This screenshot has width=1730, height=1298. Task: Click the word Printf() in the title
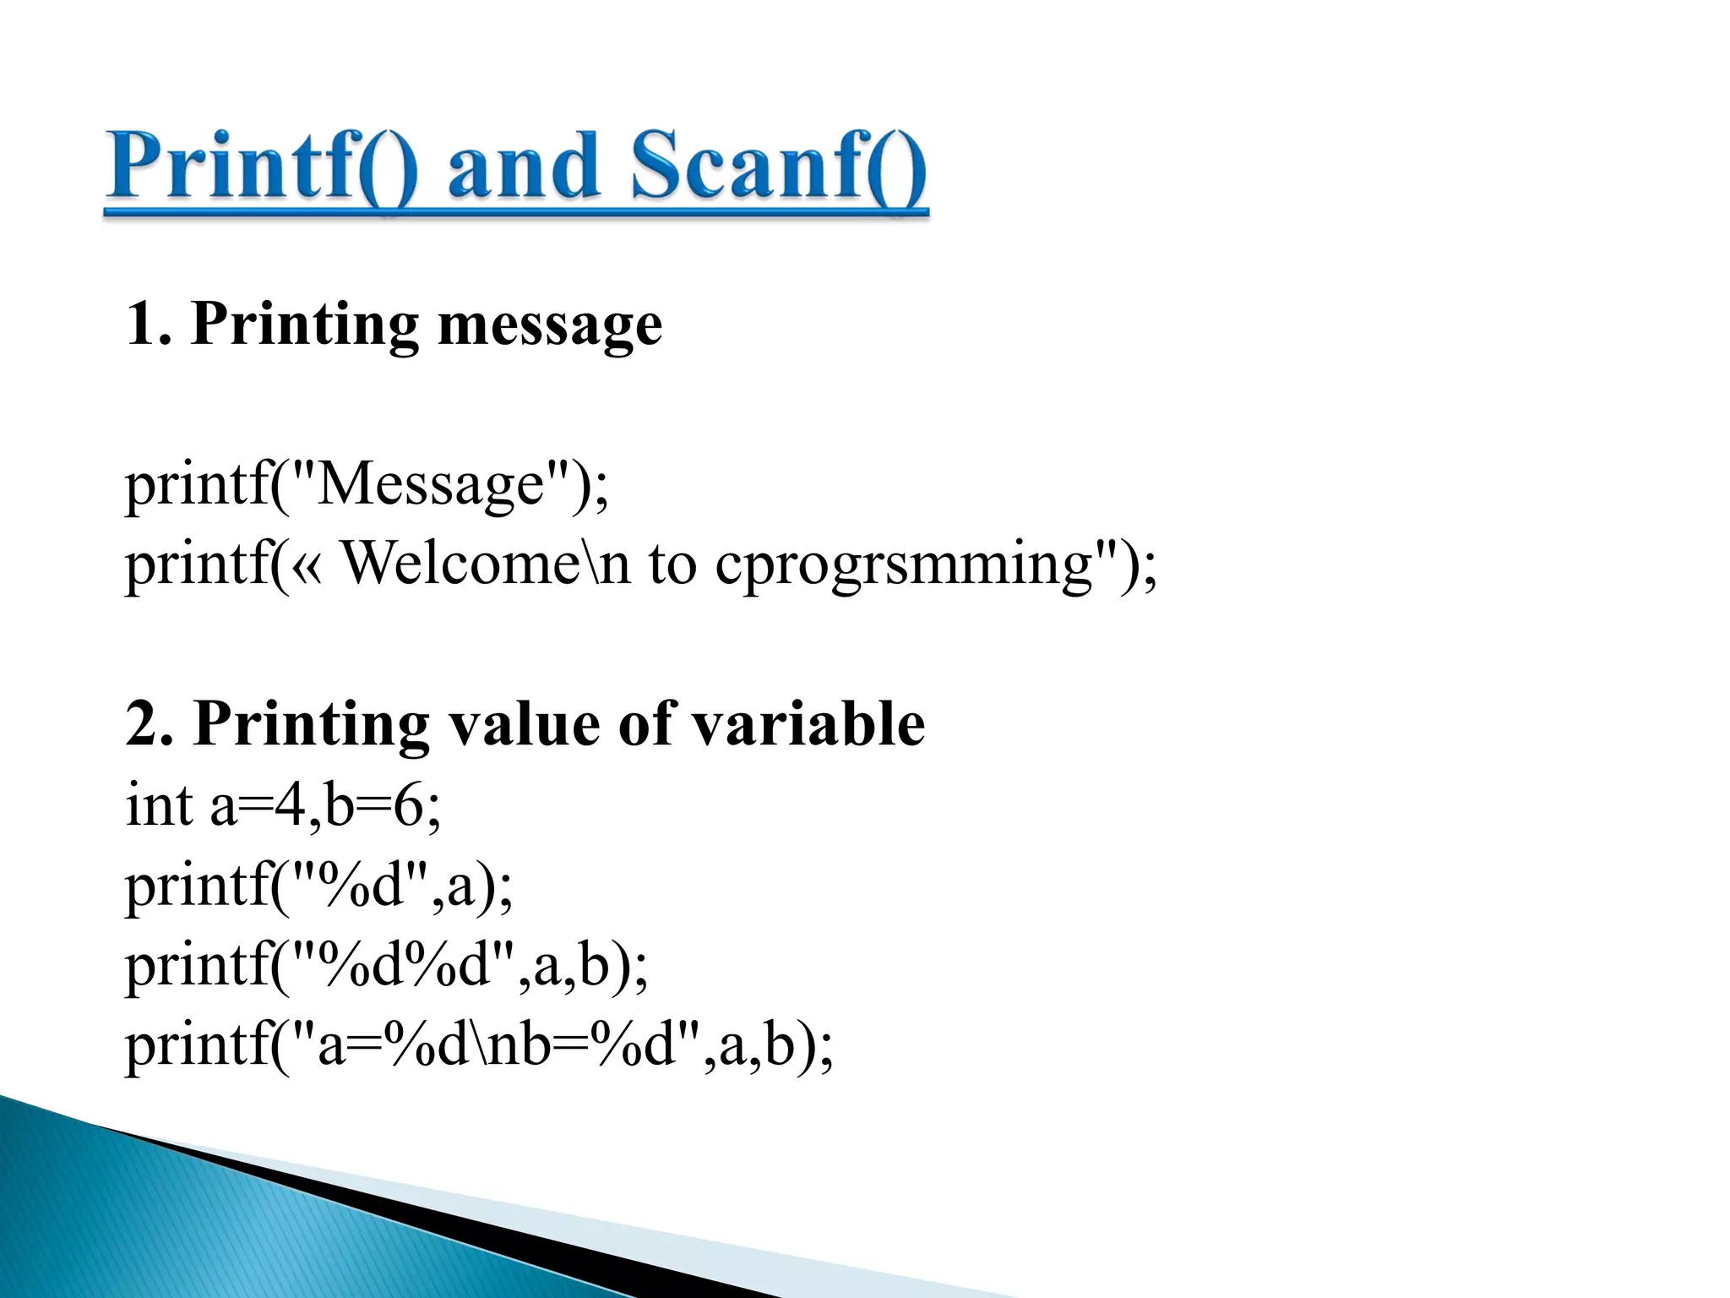(262, 167)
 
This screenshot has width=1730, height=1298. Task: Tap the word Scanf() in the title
(777, 167)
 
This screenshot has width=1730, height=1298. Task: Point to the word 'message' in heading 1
(550, 325)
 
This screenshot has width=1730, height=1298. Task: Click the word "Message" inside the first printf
(431, 484)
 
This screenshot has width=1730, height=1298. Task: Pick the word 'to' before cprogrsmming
(672, 564)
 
